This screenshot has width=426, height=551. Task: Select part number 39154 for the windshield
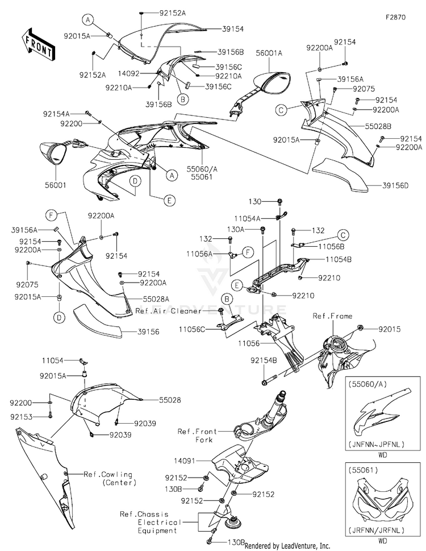(233, 28)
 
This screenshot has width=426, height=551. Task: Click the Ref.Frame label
(332, 316)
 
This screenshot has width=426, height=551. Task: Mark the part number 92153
(20, 417)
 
